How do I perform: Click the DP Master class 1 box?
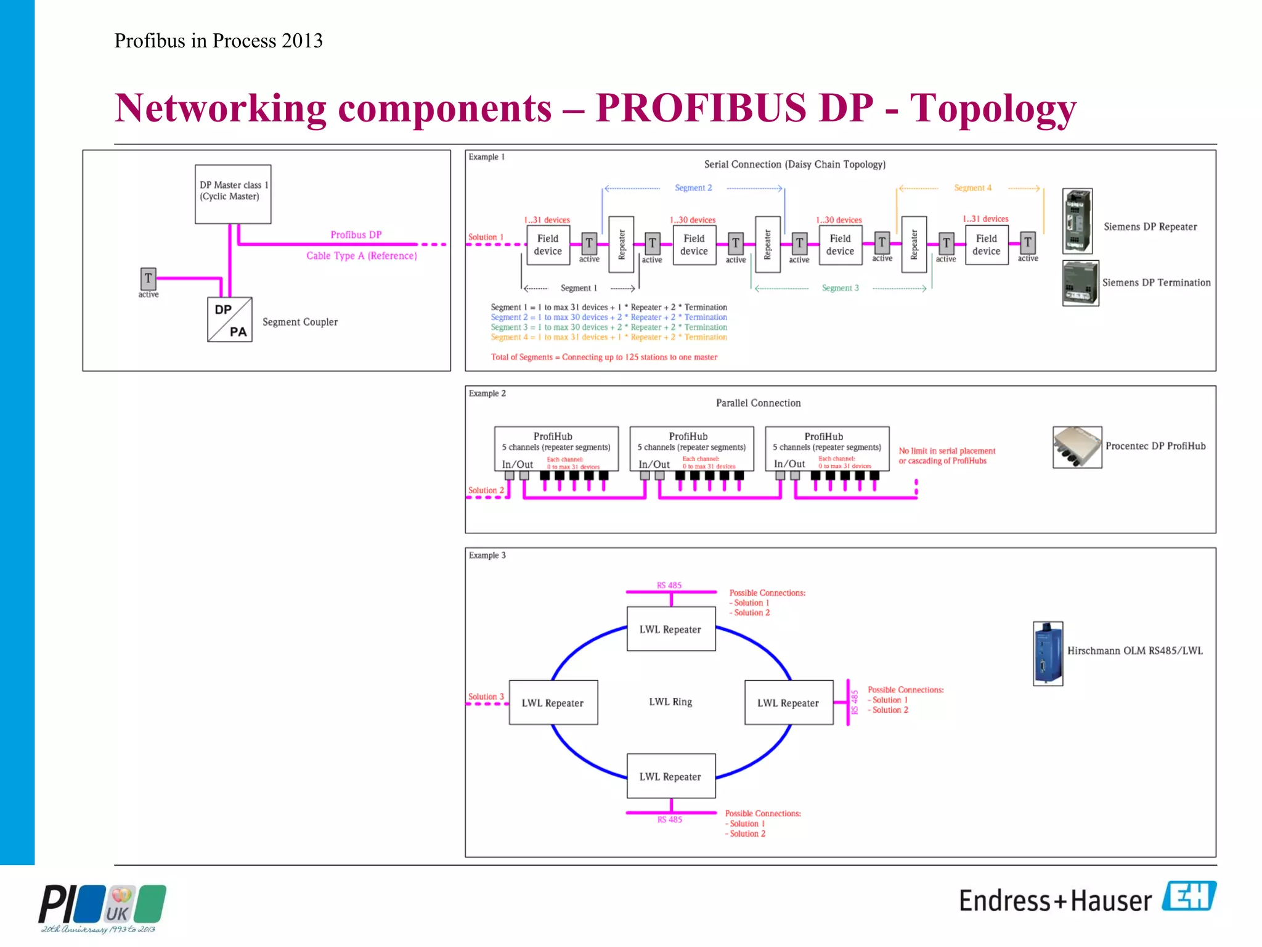point(233,194)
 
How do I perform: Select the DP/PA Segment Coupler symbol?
point(230,319)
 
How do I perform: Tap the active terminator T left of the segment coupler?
point(148,279)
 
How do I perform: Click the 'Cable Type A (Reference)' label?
point(362,256)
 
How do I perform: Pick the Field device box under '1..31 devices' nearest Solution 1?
point(548,245)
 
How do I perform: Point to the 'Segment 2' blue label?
point(693,188)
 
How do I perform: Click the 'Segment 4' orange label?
point(972,188)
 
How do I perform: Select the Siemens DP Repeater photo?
point(1077,221)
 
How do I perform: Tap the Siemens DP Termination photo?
point(1080,284)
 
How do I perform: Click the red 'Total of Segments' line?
point(604,357)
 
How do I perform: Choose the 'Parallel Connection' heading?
point(758,403)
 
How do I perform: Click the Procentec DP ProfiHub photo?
point(1077,447)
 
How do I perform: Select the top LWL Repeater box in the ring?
point(670,629)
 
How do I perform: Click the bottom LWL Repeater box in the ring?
point(670,776)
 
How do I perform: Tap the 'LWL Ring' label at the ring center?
point(670,702)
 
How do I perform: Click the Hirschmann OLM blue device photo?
point(1048,654)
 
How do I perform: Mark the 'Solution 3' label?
point(486,697)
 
